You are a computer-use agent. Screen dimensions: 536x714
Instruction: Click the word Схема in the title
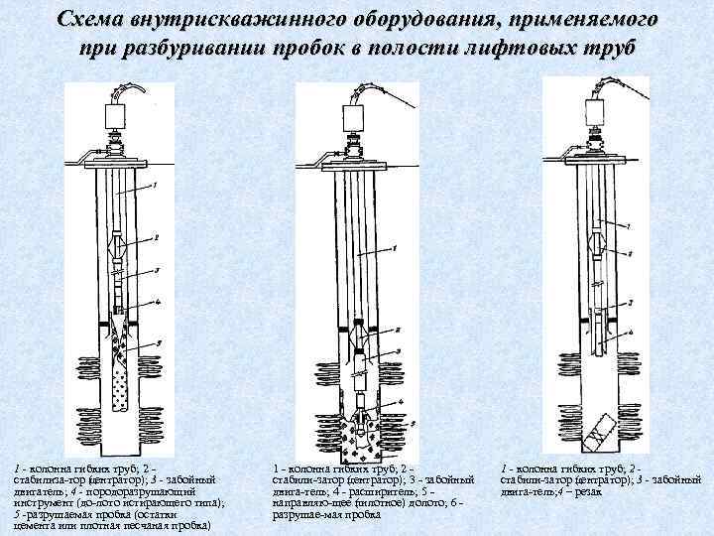click(x=91, y=20)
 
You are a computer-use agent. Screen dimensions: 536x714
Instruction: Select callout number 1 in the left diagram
click(x=153, y=185)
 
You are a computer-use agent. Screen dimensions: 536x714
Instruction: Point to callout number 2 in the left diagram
click(x=154, y=237)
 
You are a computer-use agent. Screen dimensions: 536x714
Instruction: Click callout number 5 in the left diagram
click(x=158, y=343)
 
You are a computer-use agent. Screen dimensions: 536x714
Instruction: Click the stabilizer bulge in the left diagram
click(x=120, y=243)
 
